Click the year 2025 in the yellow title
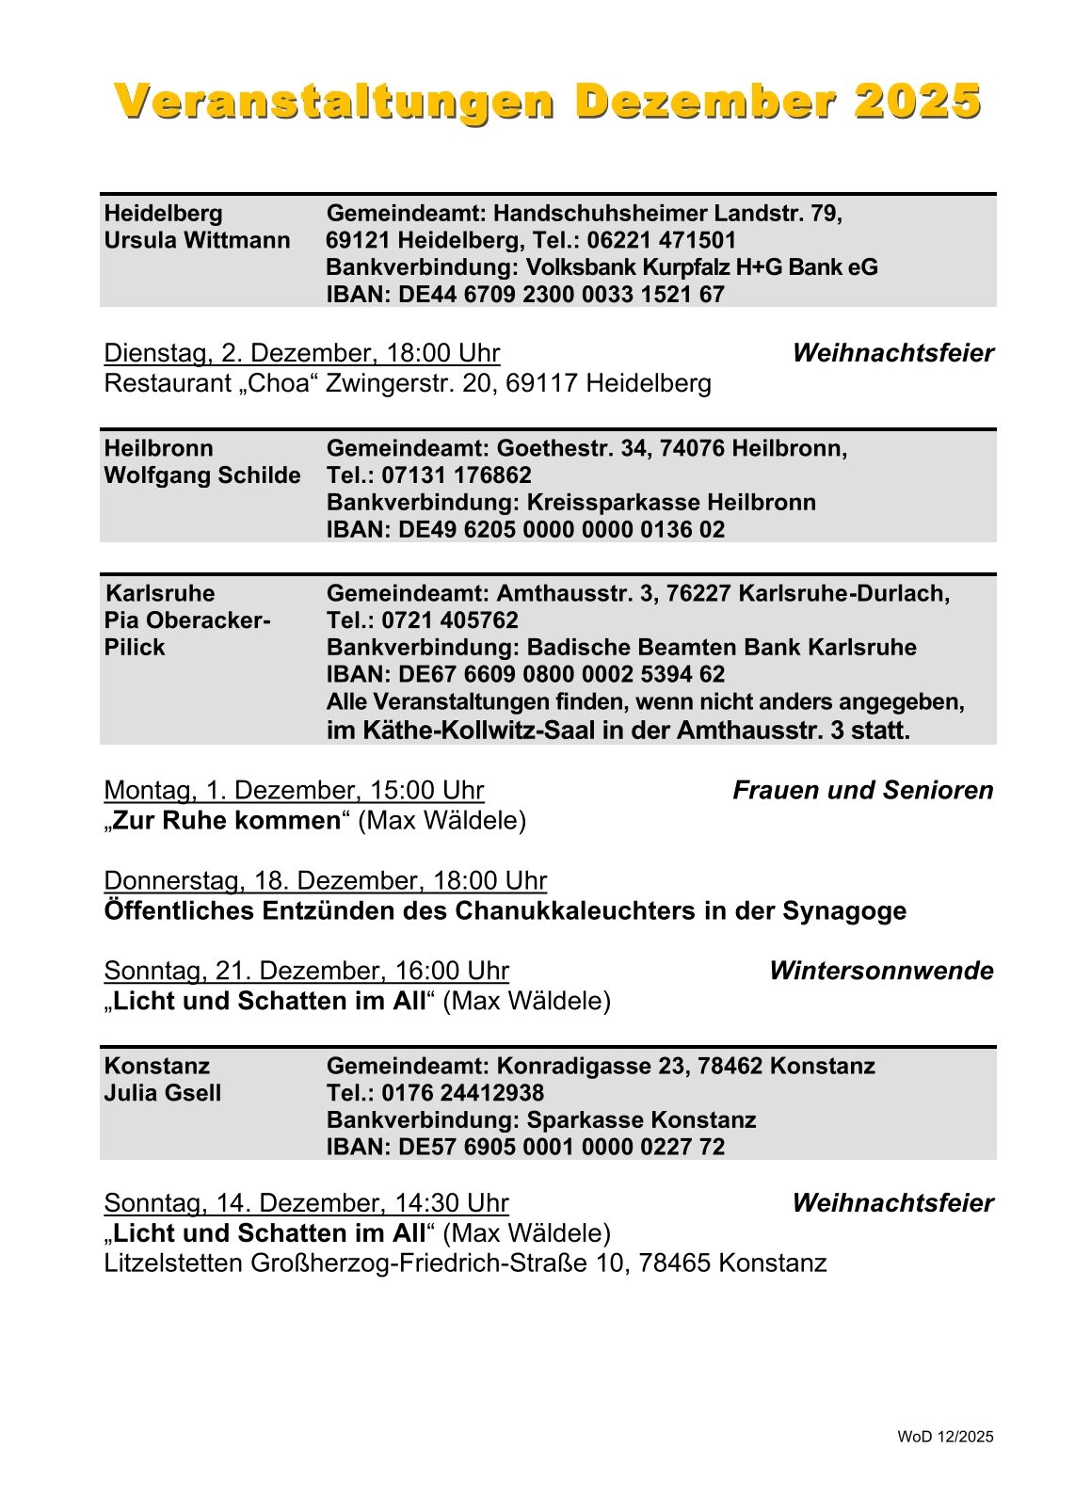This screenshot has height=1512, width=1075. [917, 102]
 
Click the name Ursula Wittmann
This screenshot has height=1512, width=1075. [197, 240]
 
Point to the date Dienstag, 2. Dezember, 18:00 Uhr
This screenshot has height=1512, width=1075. [301, 353]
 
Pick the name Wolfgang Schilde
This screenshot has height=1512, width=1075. [202, 475]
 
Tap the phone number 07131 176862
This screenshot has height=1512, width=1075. [457, 475]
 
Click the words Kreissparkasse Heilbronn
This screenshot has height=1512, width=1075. [670, 502]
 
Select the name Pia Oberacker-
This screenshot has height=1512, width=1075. [187, 620]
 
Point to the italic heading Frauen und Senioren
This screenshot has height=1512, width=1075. [862, 790]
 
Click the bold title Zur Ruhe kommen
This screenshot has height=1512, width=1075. [226, 820]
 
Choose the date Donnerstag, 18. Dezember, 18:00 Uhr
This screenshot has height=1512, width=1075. [325, 880]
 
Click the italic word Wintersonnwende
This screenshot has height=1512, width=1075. [880, 971]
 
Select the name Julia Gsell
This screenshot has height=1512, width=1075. [163, 1093]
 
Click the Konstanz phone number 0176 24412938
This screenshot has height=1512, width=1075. [462, 1093]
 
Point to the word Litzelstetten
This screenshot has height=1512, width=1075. [173, 1263]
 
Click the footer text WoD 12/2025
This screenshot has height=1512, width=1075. [945, 1437]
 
